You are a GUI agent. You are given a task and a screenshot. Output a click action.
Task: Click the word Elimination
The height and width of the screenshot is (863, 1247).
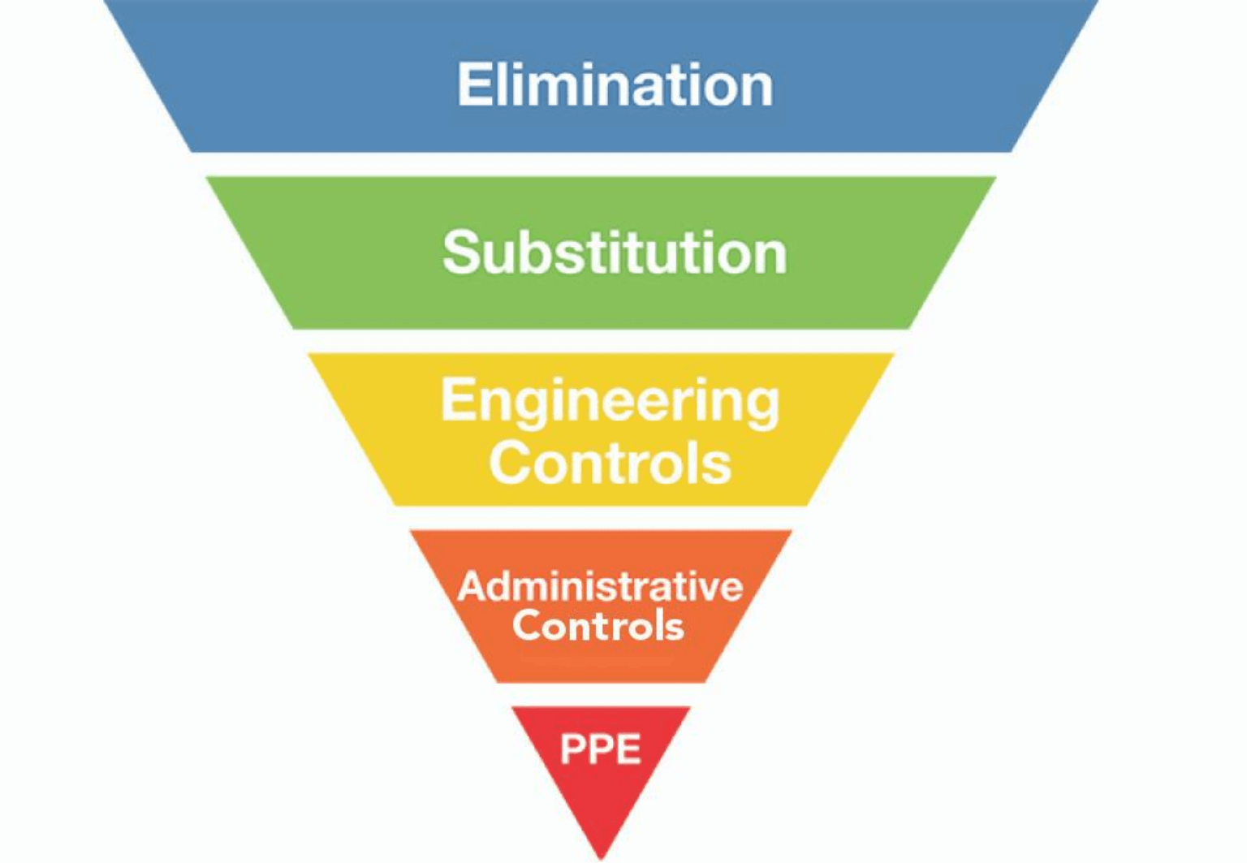pyautogui.click(x=615, y=84)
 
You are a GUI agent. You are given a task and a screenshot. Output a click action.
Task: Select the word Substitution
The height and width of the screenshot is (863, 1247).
pyautogui.click(x=615, y=252)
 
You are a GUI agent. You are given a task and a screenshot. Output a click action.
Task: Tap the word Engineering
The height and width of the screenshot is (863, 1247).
pyautogui.click(x=610, y=402)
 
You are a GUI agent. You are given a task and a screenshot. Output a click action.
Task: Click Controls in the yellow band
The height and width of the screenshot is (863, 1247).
pyautogui.click(x=610, y=463)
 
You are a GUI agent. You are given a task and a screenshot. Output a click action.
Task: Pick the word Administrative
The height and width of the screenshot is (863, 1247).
pyautogui.click(x=600, y=586)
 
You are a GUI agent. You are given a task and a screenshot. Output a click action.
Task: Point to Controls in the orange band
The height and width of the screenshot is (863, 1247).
pyautogui.click(x=598, y=626)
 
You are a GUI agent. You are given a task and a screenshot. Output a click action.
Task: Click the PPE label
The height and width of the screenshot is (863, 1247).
pyautogui.click(x=601, y=749)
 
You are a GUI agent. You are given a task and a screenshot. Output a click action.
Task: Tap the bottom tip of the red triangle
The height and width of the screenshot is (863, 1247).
pyautogui.click(x=602, y=857)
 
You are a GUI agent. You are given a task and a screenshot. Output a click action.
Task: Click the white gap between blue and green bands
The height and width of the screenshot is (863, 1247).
pyautogui.click(x=601, y=165)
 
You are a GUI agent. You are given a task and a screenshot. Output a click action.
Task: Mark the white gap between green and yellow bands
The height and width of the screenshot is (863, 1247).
pyautogui.click(x=601, y=341)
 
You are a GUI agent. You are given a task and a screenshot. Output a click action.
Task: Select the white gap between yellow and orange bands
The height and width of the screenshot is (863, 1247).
pyautogui.click(x=601, y=518)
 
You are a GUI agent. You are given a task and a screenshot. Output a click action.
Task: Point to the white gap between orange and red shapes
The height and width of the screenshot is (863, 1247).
pyautogui.click(x=601, y=695)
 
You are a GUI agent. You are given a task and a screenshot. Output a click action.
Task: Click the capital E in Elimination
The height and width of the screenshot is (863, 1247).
pyautogui.click(x=473, y=84)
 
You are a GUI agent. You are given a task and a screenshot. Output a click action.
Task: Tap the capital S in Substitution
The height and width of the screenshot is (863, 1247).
pyautogui.click(x=460, y=252)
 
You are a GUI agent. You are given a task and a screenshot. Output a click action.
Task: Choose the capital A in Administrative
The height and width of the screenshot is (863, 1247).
pyautogui.click(x=472, y=586)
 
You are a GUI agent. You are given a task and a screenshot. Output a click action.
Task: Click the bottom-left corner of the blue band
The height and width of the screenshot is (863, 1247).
pyautogui.click(x=192, y=151)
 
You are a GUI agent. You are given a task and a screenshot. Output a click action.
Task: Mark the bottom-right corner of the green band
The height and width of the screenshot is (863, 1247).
pyautogui.click(x=908, y=327)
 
